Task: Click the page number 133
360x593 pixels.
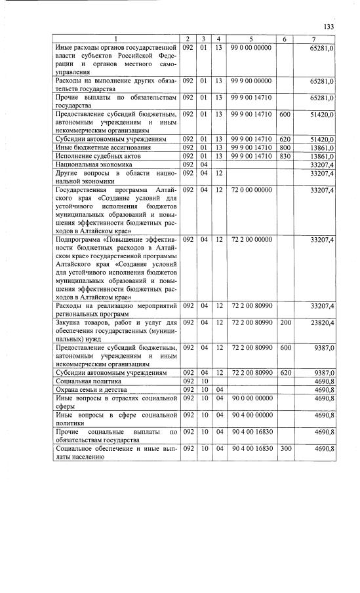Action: click(329, 26)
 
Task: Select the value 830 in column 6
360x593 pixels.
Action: click(285, 157)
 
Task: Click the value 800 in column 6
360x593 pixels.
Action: click(285, 148)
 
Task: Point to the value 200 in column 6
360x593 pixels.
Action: click(285, 323)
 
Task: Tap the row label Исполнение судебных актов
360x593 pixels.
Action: click(92, 157)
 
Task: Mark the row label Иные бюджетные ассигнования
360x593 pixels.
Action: click(94, 148)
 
